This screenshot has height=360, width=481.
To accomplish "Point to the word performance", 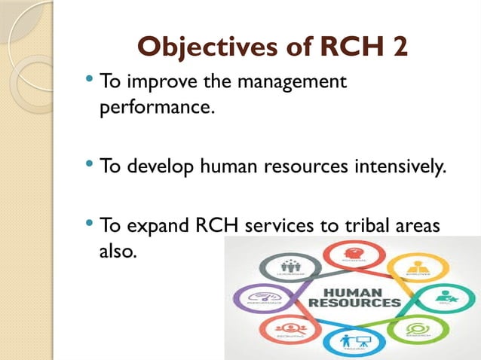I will pyautogui.click(x=156, y=107).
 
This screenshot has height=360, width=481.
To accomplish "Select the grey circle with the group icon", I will pyautogui.click(x=289, y=267).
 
